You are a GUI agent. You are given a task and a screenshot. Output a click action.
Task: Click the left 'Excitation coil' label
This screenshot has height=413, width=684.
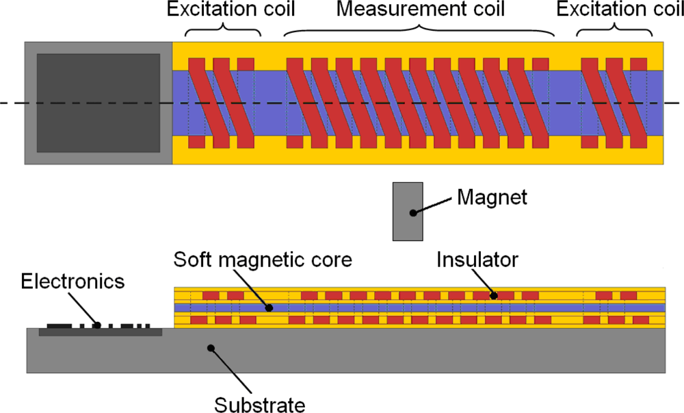pos(223,10)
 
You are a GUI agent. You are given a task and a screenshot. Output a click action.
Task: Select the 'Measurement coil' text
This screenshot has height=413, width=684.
pos(421,10)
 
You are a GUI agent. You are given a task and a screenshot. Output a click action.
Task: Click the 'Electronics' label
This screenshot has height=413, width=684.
pos(73,281)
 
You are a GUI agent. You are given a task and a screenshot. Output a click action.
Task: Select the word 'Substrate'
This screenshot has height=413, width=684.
pos(259,404)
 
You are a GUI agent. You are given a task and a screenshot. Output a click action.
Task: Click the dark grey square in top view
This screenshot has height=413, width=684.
pos(98,103)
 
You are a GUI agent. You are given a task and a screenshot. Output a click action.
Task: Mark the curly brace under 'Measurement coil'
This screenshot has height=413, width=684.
pos(419,32)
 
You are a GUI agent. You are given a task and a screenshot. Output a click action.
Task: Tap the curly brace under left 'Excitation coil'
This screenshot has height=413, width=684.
pos(223,32)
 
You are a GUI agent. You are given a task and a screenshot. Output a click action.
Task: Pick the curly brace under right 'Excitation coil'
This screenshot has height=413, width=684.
pos(614,32)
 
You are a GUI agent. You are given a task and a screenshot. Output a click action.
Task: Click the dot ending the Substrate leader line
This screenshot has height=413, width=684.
pos(212,348)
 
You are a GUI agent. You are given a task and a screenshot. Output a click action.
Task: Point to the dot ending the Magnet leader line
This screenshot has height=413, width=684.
pos(412,213)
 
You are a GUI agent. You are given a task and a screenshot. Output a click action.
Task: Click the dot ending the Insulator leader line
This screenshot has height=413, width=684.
pos(493,296)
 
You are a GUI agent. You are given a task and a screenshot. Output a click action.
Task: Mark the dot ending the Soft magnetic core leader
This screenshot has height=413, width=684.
pos(269,308)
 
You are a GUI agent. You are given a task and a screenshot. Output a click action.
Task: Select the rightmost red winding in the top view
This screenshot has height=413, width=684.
pos(637,103)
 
